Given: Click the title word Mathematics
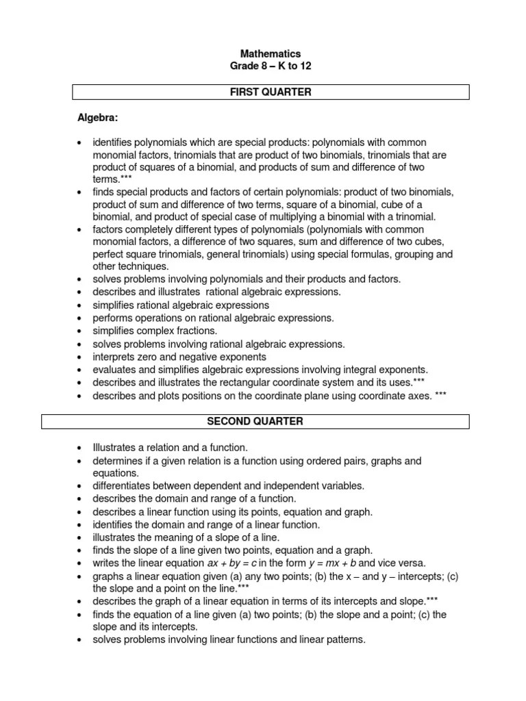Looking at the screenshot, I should coord(270,53).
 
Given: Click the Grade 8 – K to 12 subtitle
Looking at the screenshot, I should coord(270,66).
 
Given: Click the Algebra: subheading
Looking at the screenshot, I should coord(98,118).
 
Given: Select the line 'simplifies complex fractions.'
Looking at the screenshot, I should coord(155,331).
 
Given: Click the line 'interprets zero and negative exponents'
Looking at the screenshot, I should coord(179,357).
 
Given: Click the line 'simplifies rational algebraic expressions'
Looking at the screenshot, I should coord(181,305).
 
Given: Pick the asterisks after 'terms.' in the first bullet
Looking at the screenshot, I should coord(125,179).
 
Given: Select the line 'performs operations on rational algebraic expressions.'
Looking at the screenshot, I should coord(213,318).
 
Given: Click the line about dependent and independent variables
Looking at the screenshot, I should coord(228,485).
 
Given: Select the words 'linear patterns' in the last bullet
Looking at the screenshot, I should coord(334,640).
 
